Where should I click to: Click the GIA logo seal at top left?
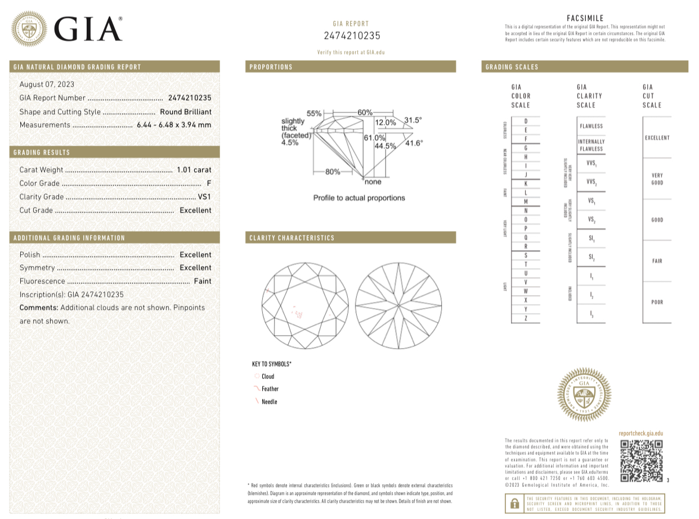coord(30,29)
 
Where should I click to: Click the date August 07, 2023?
coord(47,84)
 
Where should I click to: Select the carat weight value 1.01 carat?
coord(194,170)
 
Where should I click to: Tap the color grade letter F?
coord(209,183)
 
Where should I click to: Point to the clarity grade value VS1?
coord(205,197)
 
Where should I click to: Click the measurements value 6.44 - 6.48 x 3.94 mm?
coord(174,125)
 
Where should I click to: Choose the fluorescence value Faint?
coord(203,281)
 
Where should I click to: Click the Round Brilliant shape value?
coord(186,112)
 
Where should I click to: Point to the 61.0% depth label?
coord(374,138)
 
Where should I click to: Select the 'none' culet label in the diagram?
coord(373,182)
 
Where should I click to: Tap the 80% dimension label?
coord(333,172)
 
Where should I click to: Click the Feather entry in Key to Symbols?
coord(270,389)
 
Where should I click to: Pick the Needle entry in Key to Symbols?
coord(269,402)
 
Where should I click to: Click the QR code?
coord(641,461)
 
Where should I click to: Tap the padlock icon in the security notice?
coord(514,503)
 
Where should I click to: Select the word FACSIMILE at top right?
coord(585,19)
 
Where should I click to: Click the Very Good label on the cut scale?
coord(657,179)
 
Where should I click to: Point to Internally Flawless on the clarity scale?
coord(591,145)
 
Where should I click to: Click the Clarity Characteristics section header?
coord(292,238)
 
